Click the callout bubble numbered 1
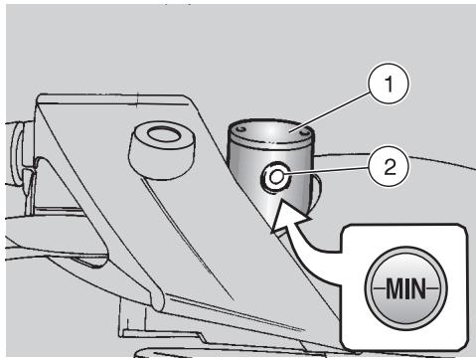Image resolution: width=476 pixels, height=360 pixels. click(x=390, y=84)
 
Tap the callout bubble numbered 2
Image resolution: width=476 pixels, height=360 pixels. click(x=390, y=167)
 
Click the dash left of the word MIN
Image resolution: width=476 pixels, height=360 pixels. click(x=379, y=288)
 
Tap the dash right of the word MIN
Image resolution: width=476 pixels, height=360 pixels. click(x=432, y=288)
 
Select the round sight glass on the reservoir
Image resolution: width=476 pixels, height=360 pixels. click(x=275, y=177)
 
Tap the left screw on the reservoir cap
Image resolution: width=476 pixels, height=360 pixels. click(x=241, y=128)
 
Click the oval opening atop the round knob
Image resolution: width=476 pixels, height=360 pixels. click(x=164, y=135)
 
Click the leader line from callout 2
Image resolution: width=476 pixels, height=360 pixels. click(x=326, y=171)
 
